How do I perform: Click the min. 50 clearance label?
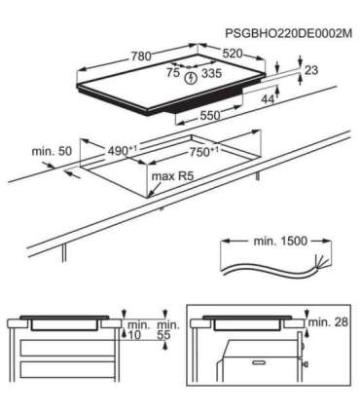(51, 154)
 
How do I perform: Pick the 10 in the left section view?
(133, 334)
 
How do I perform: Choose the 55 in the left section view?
(163, 334)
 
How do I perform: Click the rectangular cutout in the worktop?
(165, 166)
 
